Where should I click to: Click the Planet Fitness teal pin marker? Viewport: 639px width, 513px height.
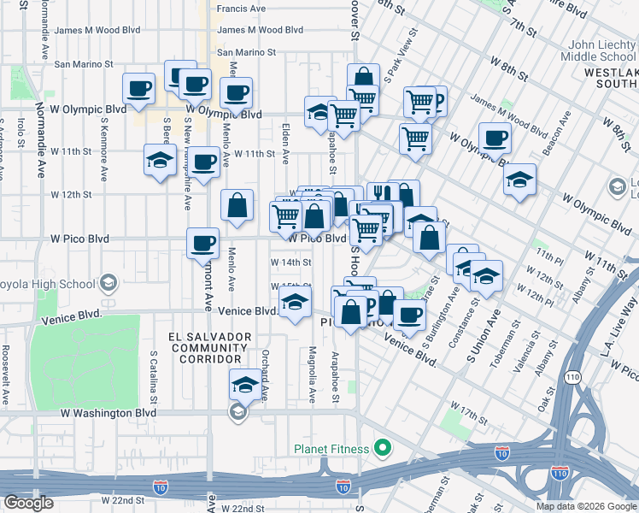383,448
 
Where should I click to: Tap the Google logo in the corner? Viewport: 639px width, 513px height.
28,503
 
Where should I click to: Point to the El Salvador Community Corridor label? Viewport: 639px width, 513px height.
210,348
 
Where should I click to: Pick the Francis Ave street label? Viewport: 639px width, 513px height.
241,9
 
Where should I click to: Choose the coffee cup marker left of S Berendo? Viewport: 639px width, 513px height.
138,87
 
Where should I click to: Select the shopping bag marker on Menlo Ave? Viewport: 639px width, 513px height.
237,205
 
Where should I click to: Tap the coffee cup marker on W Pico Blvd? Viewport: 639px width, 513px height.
202,243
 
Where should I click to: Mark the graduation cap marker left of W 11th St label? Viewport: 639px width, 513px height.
160,161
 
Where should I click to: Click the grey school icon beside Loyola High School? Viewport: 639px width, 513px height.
108,282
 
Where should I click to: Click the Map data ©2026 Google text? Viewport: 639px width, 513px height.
585,506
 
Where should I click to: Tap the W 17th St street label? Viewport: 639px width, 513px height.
468,410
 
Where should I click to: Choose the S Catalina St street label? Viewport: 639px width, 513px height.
154,377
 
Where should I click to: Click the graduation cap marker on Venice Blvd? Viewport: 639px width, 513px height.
296,303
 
